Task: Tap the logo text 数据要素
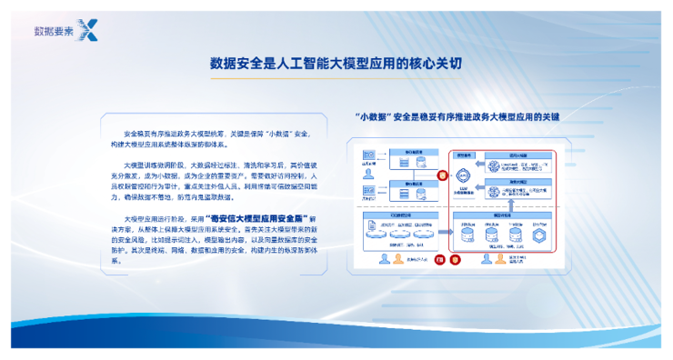(54, 29)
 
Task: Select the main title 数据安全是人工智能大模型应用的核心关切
(336, 64)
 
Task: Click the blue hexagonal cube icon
(539, 235)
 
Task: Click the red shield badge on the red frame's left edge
(442, 175)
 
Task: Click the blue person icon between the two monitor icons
(387, 259)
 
